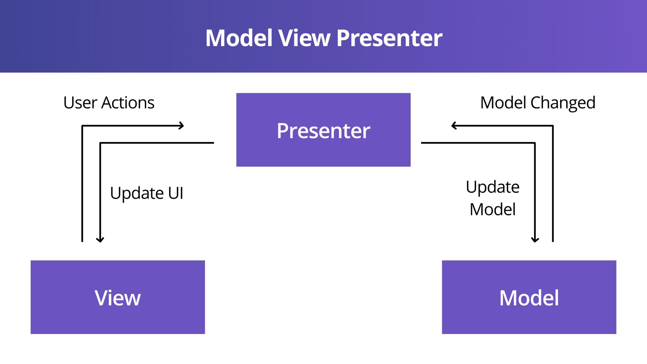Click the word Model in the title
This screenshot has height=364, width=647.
coord(239,38)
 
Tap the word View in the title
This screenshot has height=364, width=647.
coord(304,38)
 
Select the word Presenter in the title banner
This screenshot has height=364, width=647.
coord(389,38)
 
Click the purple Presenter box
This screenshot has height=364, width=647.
coord(323,130)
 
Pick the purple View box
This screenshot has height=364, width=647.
coord(118,297)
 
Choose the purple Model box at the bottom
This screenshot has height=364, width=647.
coord(529,297)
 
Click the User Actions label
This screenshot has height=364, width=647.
coord(109,103)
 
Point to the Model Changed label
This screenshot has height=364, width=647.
coord(538,103)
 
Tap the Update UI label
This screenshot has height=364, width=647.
coord(147,193)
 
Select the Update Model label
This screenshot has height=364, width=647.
coord(493,198)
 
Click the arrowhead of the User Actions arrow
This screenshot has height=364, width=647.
coord(182,126)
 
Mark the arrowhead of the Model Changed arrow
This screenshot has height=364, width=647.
coord(454,126)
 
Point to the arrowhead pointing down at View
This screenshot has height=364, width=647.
coord(100,240)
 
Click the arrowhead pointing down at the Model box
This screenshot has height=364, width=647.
coord(535,240)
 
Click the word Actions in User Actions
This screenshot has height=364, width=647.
coord(128,103)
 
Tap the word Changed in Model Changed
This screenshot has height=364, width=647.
coord(563,103)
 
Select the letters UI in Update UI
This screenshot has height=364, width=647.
coord(176,193)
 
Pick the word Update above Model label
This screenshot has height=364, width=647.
coord(493,187)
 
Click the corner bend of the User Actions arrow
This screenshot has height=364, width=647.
coord(82,126)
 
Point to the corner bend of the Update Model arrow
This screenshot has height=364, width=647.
coord(535,143)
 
